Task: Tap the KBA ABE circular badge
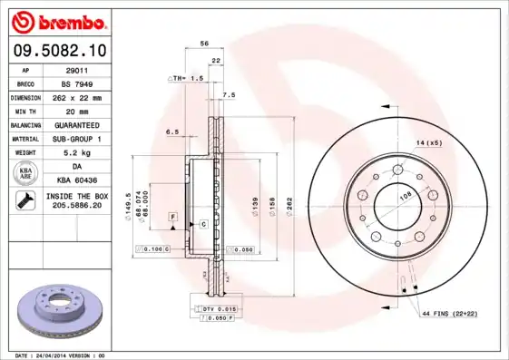click(27, 174)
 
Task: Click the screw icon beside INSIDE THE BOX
click(26, 202)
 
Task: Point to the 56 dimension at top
click(204, 44)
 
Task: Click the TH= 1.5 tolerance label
click(185, 79)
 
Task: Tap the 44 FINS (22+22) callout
click(447, 313)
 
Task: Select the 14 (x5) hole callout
click(429, 143)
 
